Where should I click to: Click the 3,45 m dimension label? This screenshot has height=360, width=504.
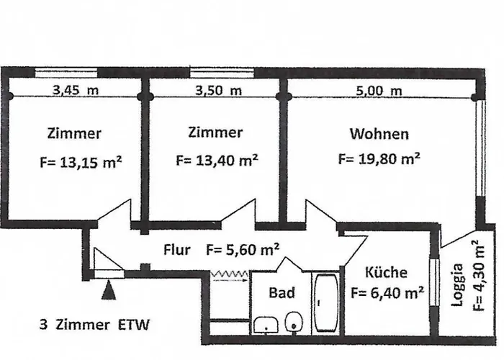tap(76, 91)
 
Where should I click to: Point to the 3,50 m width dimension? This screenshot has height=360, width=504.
tap(215, 91)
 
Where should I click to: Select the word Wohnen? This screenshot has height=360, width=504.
tap(379, 133)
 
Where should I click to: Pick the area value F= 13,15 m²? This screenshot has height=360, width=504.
tap(80, 162)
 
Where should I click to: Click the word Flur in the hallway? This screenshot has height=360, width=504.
tap(176, 251)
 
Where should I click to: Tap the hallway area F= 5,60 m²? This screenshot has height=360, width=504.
tap(243, 250)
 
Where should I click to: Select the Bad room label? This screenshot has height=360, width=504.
tap(282, 293)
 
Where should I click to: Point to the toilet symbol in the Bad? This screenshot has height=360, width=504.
tap(293, 321)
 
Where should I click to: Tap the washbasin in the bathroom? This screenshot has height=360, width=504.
tap(266, 324)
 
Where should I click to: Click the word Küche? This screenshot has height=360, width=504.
tap(386, 273)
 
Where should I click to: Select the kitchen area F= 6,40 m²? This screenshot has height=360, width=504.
tap(386, 293)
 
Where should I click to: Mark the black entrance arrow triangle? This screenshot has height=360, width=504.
tap(109, 292)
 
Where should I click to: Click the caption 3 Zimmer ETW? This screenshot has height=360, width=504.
tap(94, 325)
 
